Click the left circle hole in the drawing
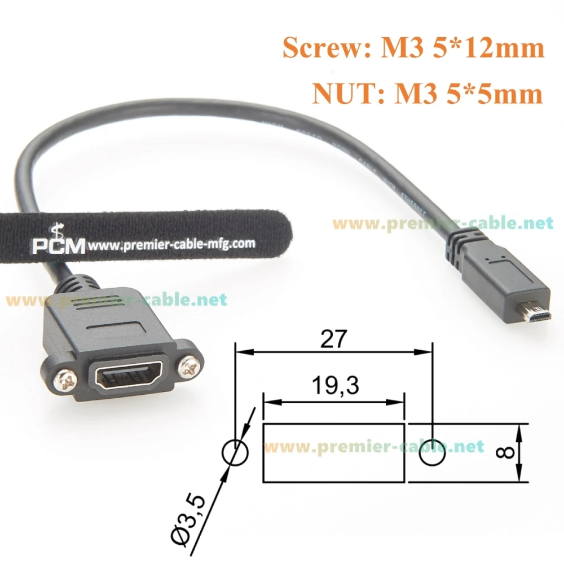236,453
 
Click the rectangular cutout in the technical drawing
334,453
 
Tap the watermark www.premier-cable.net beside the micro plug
443,224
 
